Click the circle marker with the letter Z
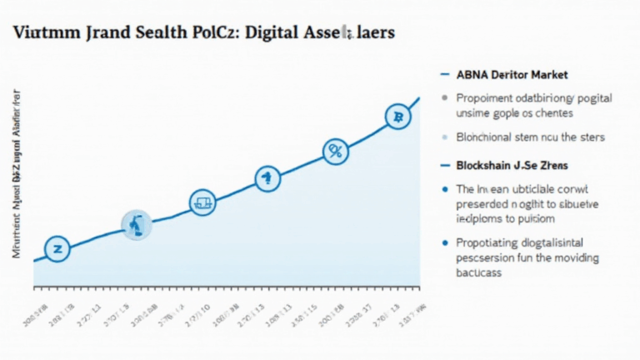point(57,248)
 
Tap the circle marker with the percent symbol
point(335,152)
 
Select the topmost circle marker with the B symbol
point(398,117)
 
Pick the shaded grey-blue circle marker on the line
point(136,224)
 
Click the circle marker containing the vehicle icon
point(203,202)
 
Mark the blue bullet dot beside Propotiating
point(445,243)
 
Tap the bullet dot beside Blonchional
point(445,137)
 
